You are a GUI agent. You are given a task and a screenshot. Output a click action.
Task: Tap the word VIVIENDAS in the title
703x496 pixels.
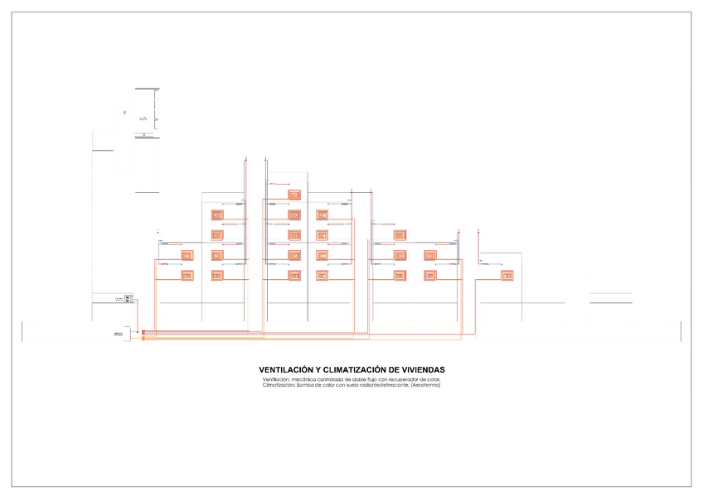point(424,369)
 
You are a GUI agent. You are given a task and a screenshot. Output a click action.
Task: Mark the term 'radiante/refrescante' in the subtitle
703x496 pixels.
point(382,384)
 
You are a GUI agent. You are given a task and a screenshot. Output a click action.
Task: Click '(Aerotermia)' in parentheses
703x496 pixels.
point(425,384)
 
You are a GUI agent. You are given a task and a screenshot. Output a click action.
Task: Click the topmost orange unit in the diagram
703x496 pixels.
point(294,195)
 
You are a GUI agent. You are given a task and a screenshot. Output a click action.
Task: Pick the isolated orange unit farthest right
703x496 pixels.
point(507,275)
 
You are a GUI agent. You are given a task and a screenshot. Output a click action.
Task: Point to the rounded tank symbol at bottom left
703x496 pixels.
point(119,334)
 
